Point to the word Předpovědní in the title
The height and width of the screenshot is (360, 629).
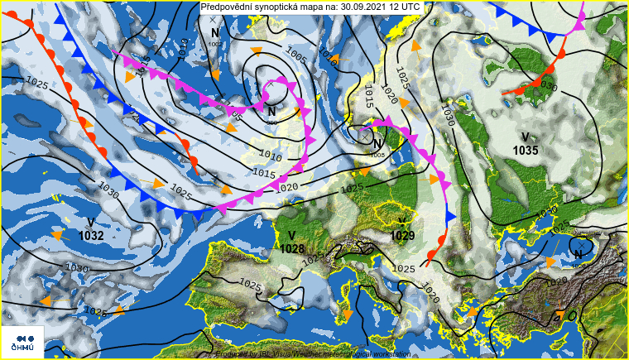pos(228,6)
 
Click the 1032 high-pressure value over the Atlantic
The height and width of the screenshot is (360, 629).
pos(91,236)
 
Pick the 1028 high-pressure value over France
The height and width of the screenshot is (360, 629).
pos(292,248)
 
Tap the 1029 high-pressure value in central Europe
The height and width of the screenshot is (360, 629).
pos(402,236)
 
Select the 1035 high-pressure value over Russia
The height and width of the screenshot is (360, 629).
pos(526,151)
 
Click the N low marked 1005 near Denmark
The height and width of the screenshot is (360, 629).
pos(377,144)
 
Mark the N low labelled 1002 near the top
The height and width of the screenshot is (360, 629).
pos(214,34)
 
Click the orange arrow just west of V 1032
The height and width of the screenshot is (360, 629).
pos(56,235)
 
